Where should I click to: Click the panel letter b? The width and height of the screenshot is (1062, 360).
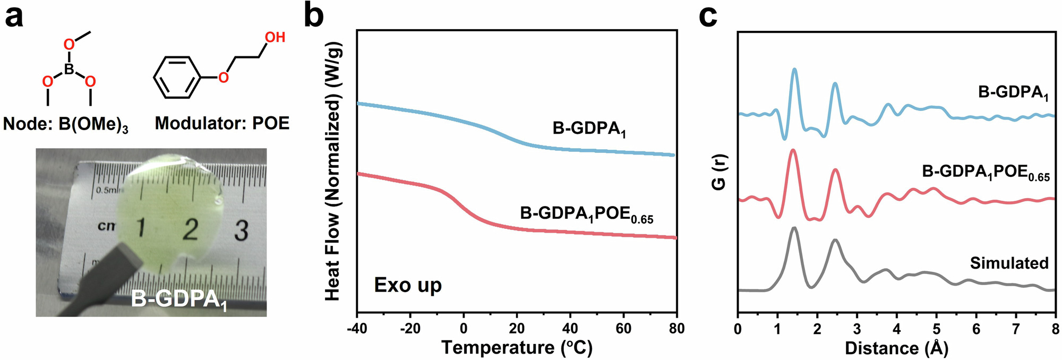pos(314,16)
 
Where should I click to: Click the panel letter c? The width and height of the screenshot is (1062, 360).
pos(708,16)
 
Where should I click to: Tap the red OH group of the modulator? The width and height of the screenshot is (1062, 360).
pos(275,37)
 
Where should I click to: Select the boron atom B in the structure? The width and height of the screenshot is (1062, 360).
pos(69,69)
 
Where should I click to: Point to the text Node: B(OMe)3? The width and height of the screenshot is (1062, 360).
pos(65,124)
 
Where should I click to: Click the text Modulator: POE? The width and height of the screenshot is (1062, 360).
pos(222,123)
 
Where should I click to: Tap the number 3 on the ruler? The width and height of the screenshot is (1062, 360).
pos(241,230)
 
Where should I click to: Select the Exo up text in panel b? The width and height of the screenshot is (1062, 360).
pos(408,285)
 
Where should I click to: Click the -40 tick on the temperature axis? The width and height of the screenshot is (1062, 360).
pos(357,329)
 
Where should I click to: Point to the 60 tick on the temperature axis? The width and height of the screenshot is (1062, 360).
pos(623,329)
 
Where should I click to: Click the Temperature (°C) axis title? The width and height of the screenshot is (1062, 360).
pos(517,348)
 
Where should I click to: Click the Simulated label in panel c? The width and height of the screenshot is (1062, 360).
pos(1009,263)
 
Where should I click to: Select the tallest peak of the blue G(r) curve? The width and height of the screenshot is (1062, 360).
pos(794,70)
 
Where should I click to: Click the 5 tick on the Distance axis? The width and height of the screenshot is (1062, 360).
pos(936,329)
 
